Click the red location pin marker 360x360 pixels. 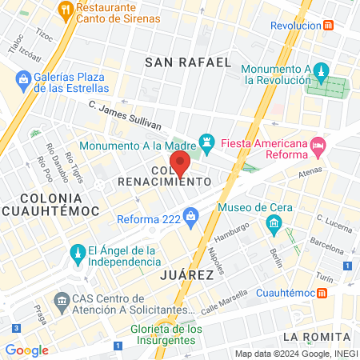[181, 162]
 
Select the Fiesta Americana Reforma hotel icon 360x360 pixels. [318, 145]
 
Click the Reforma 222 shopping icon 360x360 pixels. [190, 216]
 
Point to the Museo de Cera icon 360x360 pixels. [275, 222]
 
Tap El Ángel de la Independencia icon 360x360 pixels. [78, 254]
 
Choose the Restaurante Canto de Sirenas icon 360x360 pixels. [66, 10]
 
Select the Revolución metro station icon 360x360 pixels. [328, 25]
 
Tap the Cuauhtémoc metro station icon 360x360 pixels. [322, 292]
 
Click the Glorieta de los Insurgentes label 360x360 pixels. [166, 334]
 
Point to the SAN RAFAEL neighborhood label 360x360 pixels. [188, 62]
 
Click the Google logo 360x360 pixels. [26, 350]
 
